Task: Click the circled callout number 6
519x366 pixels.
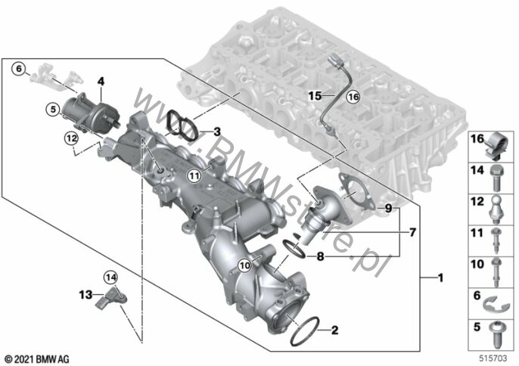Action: [x=18, y=69]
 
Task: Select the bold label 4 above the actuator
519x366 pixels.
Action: [x=101, y=82]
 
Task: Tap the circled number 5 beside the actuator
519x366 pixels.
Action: [x=53, y=109]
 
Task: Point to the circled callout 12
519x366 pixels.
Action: [x=71, y=138]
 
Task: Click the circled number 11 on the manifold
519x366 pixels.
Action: [x=194, y=175]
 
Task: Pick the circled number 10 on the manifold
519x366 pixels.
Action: [x=245, y=265]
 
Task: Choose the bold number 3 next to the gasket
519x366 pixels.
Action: [x=217, y=132]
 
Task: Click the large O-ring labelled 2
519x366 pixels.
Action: [x=304, y=331]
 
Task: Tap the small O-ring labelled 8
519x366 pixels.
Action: [x=294, y=249]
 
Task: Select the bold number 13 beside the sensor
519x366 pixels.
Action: [x=85, y=294]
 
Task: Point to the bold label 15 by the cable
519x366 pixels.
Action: [x=315, y=96]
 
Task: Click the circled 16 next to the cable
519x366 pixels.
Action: [x=353, y=97]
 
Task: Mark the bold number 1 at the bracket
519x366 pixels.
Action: [x=440, y=278]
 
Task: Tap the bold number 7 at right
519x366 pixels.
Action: [x=412, y=233]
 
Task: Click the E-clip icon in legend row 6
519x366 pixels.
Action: [x=493, y=305]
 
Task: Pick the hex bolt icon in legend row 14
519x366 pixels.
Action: [x=496, y=178]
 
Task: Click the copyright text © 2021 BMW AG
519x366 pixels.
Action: [x=38, y=358]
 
